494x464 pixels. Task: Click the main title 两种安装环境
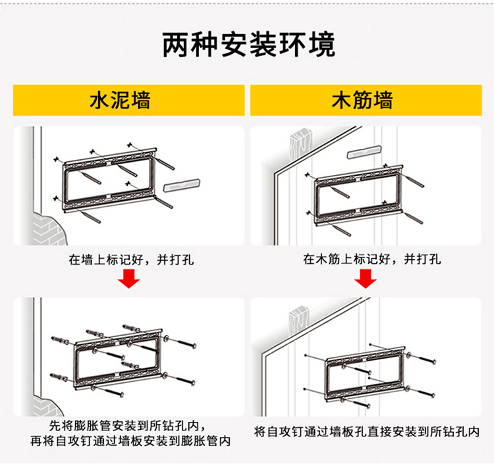248,44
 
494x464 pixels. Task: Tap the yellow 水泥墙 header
129,100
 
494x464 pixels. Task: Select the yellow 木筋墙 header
366,100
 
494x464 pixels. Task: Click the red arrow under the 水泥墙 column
129,279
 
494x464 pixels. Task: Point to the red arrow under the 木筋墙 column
366,279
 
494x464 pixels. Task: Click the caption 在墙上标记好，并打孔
131,260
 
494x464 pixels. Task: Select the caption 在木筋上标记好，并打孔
371,259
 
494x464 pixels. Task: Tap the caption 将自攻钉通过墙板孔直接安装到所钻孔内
367,432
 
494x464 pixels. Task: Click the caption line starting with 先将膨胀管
128,426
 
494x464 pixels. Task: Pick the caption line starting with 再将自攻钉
130,441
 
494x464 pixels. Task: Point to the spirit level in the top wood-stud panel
364,152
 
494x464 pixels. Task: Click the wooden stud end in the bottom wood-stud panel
298,320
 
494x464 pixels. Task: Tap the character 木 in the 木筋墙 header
342,100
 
